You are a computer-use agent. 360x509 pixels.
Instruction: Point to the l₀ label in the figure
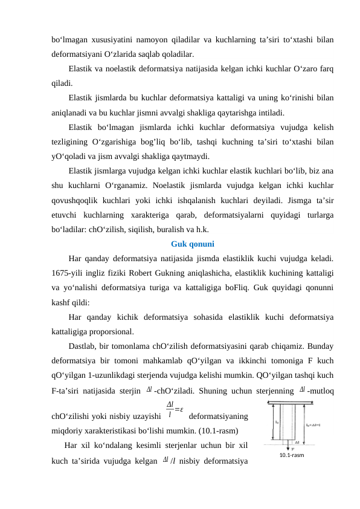coord(277,423)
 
